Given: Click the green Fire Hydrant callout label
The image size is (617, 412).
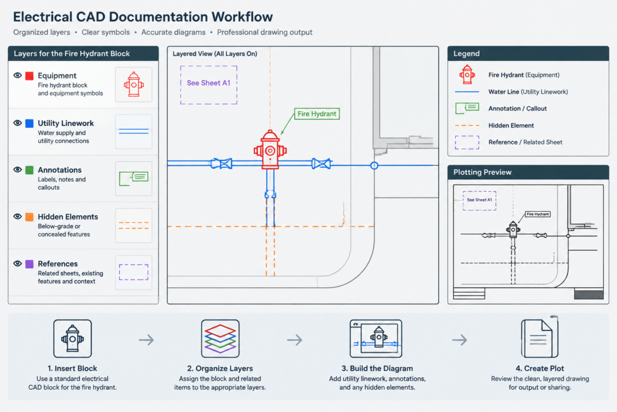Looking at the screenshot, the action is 317,114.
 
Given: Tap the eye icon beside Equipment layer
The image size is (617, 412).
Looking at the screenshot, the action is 17,75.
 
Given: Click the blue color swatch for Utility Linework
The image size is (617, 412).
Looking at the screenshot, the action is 30,123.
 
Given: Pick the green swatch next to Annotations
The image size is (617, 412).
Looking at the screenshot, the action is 30,170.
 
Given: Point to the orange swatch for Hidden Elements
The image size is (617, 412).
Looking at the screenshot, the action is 30,217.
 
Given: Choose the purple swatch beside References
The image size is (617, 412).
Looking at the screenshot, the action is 30,264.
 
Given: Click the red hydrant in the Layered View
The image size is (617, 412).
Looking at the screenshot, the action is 270,150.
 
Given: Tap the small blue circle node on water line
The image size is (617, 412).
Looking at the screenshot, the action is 374,165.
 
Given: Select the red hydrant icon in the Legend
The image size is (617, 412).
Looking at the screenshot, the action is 467,74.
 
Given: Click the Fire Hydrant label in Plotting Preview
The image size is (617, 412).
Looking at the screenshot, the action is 538,214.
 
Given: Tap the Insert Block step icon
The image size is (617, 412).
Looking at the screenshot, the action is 72,339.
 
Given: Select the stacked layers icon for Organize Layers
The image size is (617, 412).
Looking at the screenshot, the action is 221,339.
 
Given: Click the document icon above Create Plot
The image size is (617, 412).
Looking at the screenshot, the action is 539,338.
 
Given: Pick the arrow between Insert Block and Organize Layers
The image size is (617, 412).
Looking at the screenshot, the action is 146,340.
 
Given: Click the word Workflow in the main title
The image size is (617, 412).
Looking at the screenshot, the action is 242,17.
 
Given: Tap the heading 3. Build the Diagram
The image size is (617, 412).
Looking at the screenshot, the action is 377,369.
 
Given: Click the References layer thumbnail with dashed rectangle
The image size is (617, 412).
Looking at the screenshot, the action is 134,272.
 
